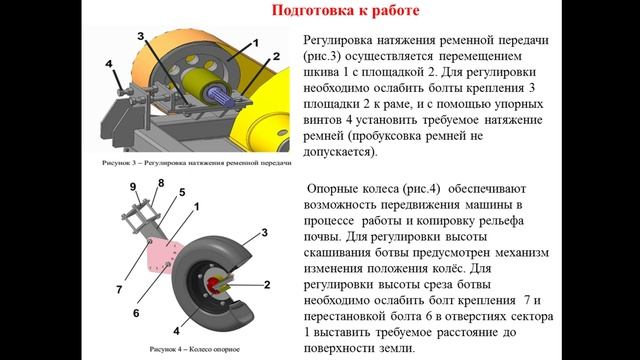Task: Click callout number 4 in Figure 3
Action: pyautogui.click(x=109, y=64)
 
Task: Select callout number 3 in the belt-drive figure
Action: pyautogui.click(x=142, y=36)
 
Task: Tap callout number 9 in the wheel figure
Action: pyautogui.click(x=133, y=187)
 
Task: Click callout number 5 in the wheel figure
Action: pyautogui.click(x=181, y=191)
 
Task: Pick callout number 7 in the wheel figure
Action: pyautogui.click(x=118, y=290)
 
